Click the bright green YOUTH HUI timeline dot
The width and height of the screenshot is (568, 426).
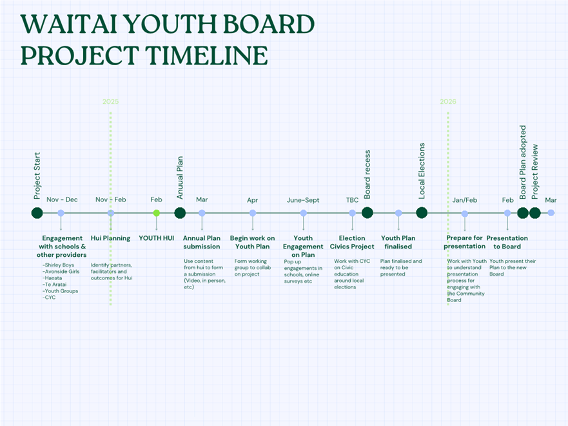coord(157,213)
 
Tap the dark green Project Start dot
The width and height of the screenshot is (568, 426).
coord(37,213)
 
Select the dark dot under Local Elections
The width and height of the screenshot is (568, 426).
coord(422,213)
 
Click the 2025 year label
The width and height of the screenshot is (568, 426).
coord(110,101)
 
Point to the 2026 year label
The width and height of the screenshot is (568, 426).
coord(448,101)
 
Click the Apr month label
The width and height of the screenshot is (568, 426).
coord(253,200)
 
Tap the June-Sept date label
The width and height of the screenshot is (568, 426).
coord(303,200)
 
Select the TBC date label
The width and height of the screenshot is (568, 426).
coord(352,200)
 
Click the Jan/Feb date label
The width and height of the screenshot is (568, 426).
coord(465,200)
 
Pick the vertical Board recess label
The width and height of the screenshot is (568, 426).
coord(367,175)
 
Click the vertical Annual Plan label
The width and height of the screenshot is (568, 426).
coord(180,177)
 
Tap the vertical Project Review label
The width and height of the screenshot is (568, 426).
coord(535,172)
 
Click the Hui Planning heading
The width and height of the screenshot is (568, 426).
coord(110,238)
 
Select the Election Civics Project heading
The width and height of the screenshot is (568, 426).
coord(352,242)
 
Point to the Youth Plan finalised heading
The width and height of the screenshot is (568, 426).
coord(398,242)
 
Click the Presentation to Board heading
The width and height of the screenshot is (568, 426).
coord(507,242)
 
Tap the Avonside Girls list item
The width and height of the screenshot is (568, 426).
coord(61,272)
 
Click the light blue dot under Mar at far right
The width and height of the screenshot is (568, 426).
coord(551,213)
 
